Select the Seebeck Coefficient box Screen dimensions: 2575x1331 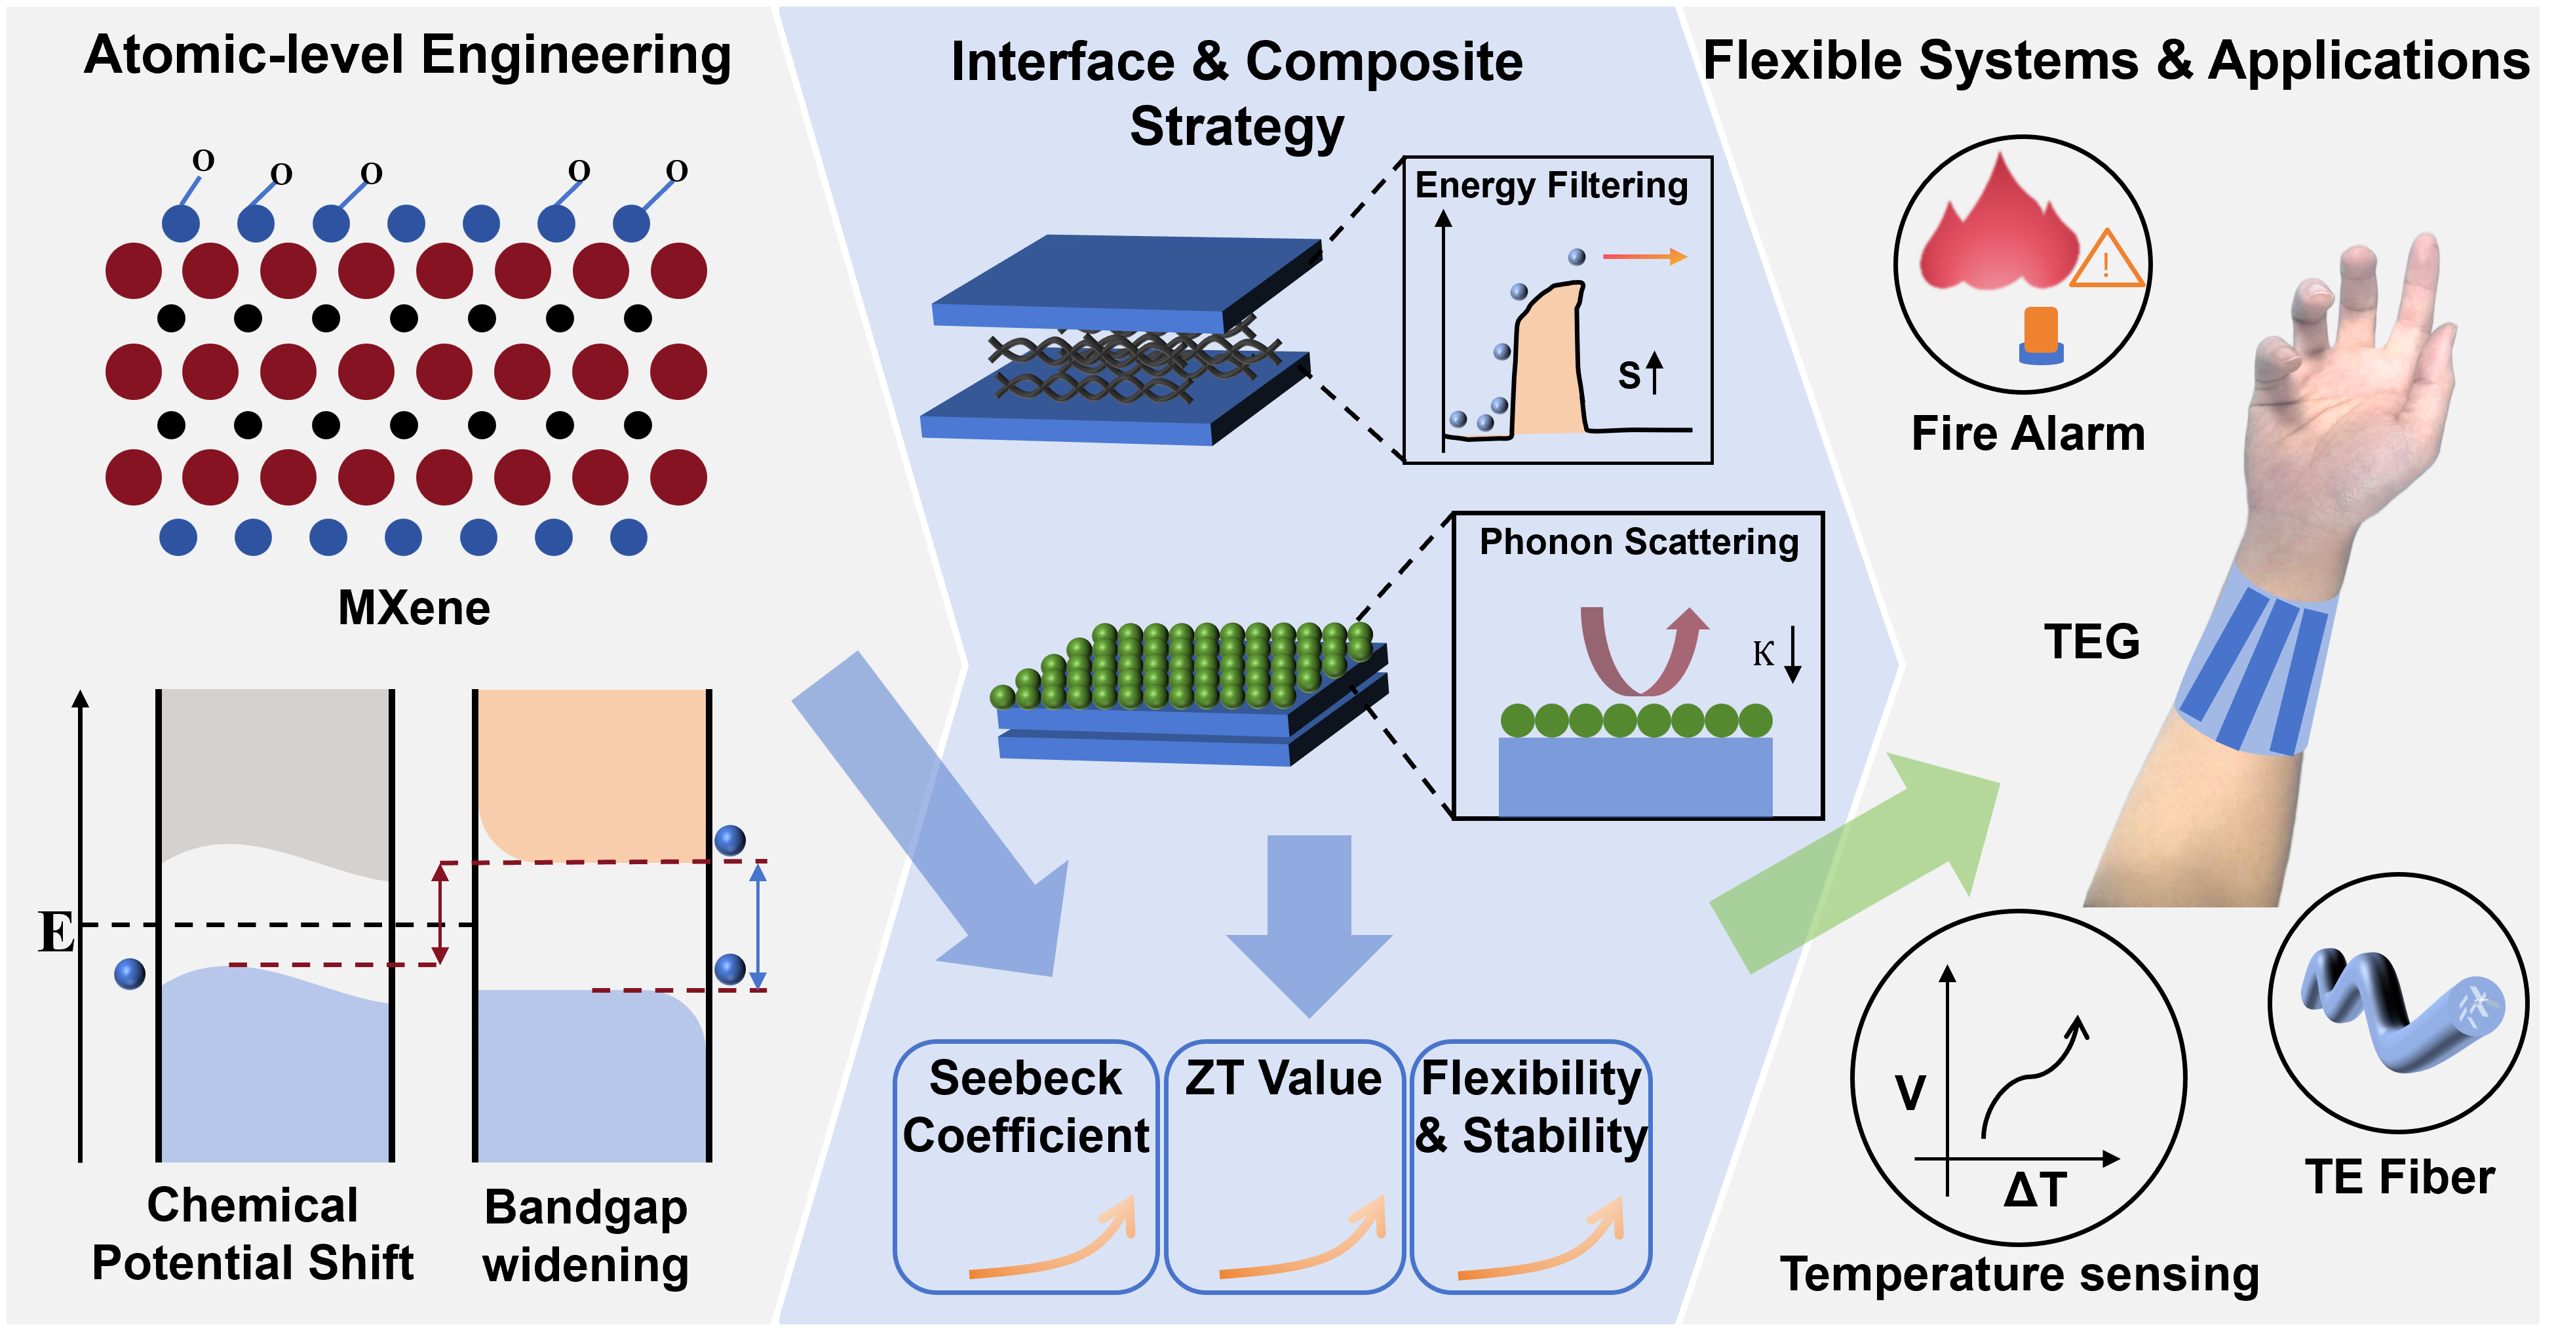[x=1026, y=1166]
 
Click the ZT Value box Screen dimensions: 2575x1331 [x=1285, y=1166]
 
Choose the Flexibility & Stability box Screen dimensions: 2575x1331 [x=1530, y=1166]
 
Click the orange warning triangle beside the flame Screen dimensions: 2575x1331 [x=2107, y=259]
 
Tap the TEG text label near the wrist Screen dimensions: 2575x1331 [x=2091, y=641]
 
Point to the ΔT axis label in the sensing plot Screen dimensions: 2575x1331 [x=2035, y=1190]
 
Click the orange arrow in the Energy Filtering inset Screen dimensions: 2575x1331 [x=1644, y=257]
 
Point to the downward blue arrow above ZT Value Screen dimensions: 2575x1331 [x=1309, y=926]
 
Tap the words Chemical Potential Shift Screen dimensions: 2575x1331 [x=253, y=1234]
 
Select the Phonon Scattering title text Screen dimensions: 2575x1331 [x=1639, y=542]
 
